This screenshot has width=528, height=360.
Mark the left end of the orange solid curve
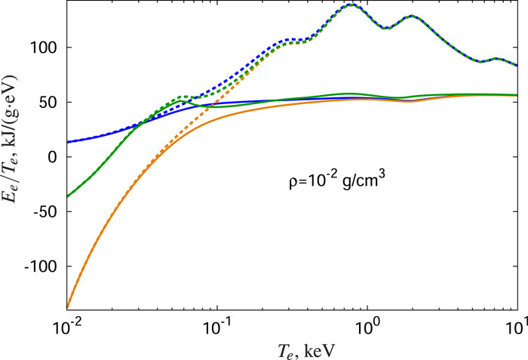pos(68,306)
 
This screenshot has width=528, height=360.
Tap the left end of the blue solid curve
pos(68,142)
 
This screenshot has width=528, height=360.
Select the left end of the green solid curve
pos(68,197)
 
